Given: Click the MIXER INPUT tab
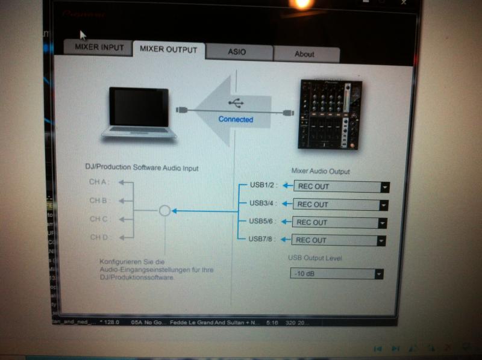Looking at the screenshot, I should coord(99,47).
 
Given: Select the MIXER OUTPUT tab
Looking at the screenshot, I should coord(168,49).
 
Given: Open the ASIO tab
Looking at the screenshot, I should coord(237,52).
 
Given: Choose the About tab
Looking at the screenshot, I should coord(304,54).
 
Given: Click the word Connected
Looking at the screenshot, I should coord(236,119).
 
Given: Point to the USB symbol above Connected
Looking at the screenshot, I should coord(236,103).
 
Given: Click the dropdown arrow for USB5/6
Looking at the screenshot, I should coord(382,223).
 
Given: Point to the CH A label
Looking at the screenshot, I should coord(98,182).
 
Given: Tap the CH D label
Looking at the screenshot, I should coord(98,237).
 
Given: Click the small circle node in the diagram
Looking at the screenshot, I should coord(164,211).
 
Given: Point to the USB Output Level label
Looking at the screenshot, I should coord(319,258).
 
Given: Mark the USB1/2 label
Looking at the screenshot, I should coord(263,185).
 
